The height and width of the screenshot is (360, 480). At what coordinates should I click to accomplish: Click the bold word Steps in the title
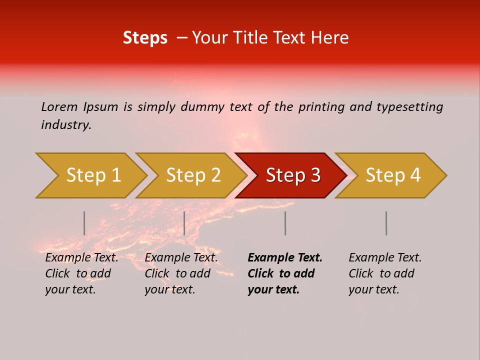(x=145, y=38)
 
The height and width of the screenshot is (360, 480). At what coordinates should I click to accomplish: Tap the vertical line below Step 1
(x=84, y=223)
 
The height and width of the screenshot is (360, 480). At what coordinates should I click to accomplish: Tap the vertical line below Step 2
(x=184, y=223)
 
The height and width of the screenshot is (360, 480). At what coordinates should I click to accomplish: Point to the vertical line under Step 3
(x=285, y=223)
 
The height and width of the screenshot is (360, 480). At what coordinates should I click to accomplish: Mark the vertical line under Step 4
(x=386, y=223)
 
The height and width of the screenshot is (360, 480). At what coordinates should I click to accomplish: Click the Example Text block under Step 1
(x=81, y=273)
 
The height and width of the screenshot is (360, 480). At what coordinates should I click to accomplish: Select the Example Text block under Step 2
(x=181, y=273)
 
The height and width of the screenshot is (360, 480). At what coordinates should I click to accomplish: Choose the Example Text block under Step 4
(x=385, y=273)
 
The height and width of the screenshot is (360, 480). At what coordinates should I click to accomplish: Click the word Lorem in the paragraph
(x=59, y=107)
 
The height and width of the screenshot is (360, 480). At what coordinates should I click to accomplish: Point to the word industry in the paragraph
(x=65, y=125)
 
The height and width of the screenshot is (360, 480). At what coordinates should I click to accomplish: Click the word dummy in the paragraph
(x=201, y=107)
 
